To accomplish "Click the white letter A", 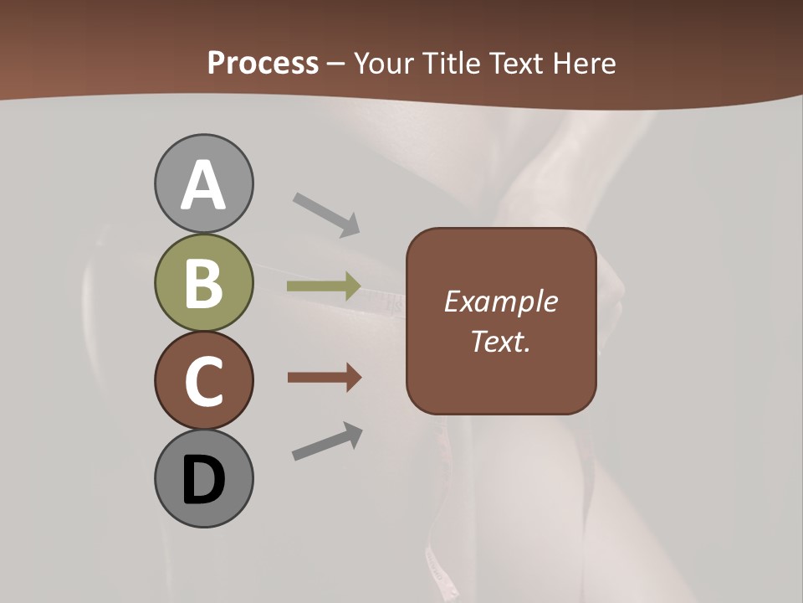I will click(x=203, y=186).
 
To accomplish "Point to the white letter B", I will click(x=203, y=283).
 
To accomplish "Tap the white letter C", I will click(x=203, y=381).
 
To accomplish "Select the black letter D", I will click(x=203, y=481).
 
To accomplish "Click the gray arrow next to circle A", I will click(x=326, y=214).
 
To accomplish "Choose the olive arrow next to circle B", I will click(x=324, y=286).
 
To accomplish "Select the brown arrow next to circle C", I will click(x=324, y=378).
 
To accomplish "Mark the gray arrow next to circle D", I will click(x=327, y=441).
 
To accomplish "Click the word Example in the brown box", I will click(x=500, y=301).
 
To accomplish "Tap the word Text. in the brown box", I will click(x=500, y=341).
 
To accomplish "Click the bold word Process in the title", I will click(x=263, y=63).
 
